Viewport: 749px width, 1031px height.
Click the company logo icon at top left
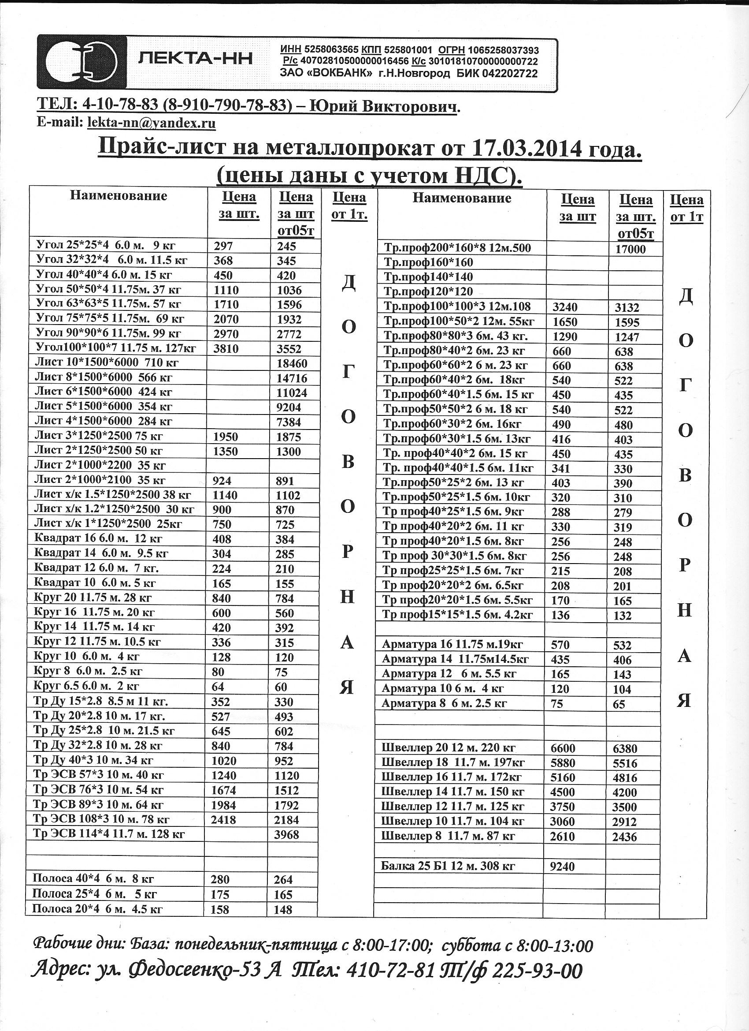82,62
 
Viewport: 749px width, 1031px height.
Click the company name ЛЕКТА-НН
195,59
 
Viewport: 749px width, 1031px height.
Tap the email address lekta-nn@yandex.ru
151,123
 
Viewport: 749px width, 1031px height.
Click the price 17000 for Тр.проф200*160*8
630,249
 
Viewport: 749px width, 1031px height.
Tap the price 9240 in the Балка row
562,867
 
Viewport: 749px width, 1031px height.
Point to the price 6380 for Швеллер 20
625,749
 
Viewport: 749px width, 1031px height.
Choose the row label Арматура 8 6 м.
444,703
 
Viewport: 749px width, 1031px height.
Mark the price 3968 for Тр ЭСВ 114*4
287,835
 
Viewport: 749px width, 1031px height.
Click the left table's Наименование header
119,196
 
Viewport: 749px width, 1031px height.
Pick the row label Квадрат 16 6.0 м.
98,539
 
